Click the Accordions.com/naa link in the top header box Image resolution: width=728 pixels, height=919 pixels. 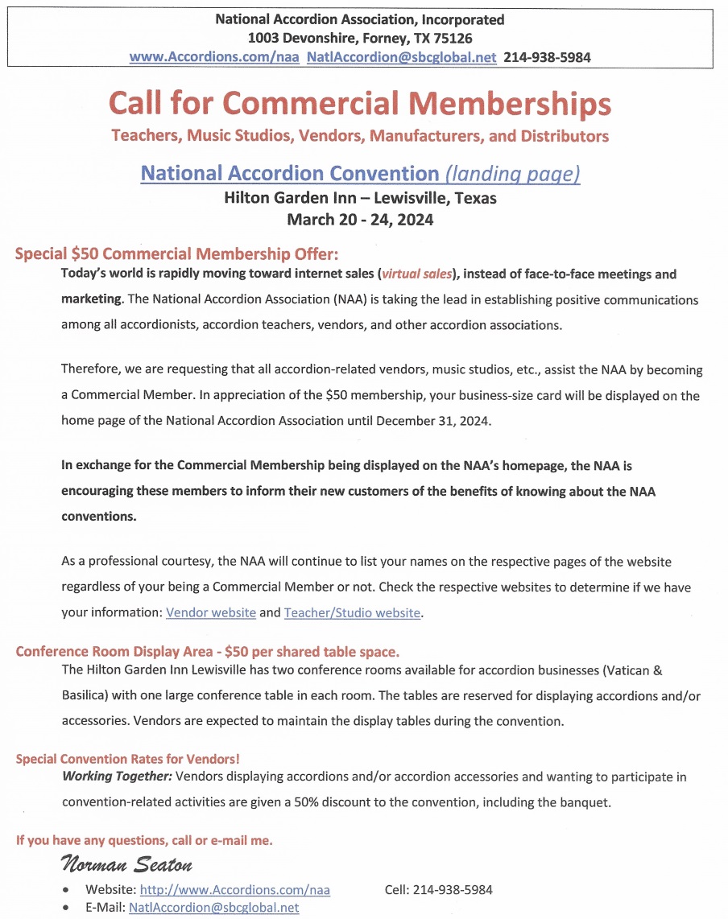214,57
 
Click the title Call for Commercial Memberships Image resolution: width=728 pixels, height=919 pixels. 359,104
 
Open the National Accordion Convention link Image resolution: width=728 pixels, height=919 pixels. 289,173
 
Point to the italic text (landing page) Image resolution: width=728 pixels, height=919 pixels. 512,173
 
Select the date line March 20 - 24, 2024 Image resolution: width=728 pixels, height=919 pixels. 360,219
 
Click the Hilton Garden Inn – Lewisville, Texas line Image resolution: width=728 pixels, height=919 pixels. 360,197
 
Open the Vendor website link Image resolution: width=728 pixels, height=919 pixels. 211,612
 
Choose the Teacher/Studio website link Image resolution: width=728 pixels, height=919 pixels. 352,612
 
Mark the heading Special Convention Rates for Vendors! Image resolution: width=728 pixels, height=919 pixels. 127,759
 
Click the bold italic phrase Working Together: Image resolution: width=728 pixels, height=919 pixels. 116,777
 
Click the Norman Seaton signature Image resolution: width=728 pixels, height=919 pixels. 126,866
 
